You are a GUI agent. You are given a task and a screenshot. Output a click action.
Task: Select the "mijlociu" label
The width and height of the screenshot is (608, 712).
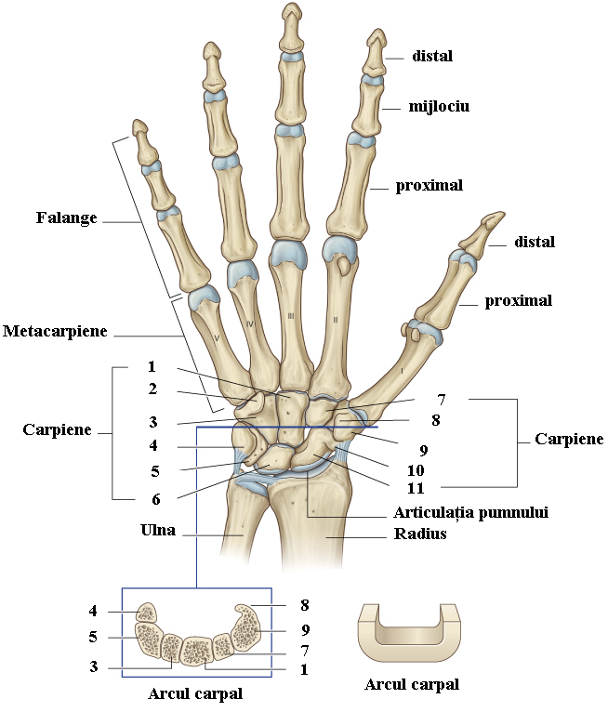click(x=439, y=107)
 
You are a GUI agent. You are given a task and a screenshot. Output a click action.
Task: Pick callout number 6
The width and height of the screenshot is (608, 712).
click(x=156, y=498)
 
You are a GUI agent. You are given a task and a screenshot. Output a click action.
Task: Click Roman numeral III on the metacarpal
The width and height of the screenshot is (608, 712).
click(x=291, y=318)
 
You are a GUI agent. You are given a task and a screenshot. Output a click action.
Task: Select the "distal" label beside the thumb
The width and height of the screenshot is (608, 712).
click(x=534, y=243)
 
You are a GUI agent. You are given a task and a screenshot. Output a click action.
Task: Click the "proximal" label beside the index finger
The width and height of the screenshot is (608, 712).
click(x=429, y=185)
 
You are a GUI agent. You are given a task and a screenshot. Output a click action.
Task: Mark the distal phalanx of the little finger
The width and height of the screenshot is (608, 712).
click(x=140, y=137)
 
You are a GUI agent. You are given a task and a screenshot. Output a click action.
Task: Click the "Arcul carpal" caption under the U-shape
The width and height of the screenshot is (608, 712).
click(x=413, y=685)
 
